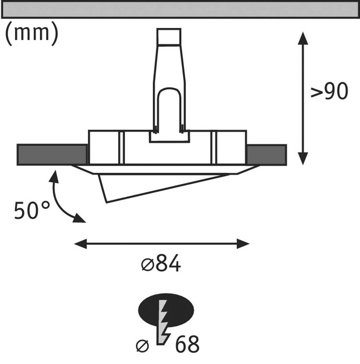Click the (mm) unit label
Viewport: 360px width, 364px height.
click(32, 34)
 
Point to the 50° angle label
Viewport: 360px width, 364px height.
click(32, 211)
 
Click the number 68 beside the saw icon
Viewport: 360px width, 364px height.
click(187, 344)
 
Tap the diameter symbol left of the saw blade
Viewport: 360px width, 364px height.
click(142, 345)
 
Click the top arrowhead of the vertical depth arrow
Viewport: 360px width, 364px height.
click(303, 38)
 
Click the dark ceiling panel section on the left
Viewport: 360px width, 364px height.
click(52, 154)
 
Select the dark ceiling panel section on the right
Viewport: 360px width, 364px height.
click(266, 154)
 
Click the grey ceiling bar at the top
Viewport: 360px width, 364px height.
click(180, 9)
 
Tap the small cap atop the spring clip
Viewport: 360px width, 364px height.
click(169, 36)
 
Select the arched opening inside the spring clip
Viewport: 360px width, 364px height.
click(169, 108)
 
